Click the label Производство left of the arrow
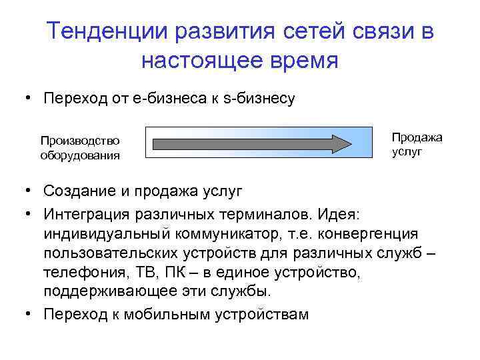pyautogui.click(x=80, y=140)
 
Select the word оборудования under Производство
pyautogui.click(x=80, y=155)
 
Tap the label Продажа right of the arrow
pyautogui.click(x=417, y=137)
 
